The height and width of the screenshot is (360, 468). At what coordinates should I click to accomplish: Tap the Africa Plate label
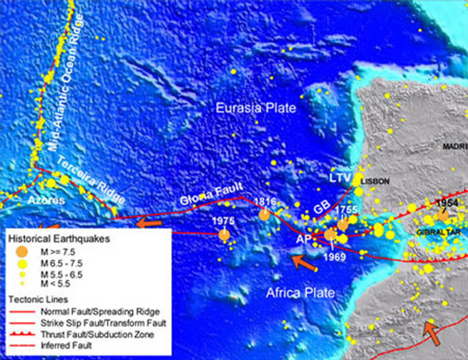click(x=301, y=293)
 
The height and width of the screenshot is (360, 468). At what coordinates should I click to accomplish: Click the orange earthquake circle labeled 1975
click(x=224, y=234)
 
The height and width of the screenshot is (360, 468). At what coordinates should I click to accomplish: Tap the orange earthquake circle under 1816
click(x=264, y=215)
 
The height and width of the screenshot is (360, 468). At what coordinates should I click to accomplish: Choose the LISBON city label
click(x=376, y=181)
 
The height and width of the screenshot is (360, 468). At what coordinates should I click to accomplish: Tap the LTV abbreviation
click(x=341, y=177)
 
